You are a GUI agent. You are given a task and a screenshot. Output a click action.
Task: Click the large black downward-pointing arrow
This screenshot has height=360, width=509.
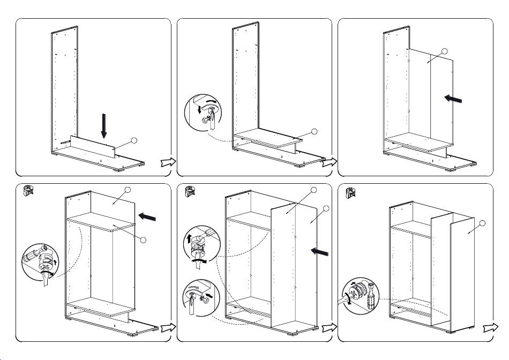104,125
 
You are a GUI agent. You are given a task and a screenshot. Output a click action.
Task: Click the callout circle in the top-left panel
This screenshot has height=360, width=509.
134,140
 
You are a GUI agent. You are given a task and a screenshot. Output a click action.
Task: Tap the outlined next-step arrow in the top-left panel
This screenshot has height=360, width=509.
167,163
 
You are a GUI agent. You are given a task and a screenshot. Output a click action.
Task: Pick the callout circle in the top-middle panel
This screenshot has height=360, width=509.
315,131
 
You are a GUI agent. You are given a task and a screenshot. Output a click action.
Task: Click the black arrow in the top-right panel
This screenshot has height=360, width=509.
452,99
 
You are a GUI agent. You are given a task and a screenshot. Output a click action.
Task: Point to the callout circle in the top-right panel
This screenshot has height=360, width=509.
444,51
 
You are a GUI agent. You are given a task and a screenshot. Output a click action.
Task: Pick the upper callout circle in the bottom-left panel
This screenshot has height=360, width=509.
128,190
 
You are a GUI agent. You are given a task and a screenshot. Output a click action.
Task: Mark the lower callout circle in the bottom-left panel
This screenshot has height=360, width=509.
143,239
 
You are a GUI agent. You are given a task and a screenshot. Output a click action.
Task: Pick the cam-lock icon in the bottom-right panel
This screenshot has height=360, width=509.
351,191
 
